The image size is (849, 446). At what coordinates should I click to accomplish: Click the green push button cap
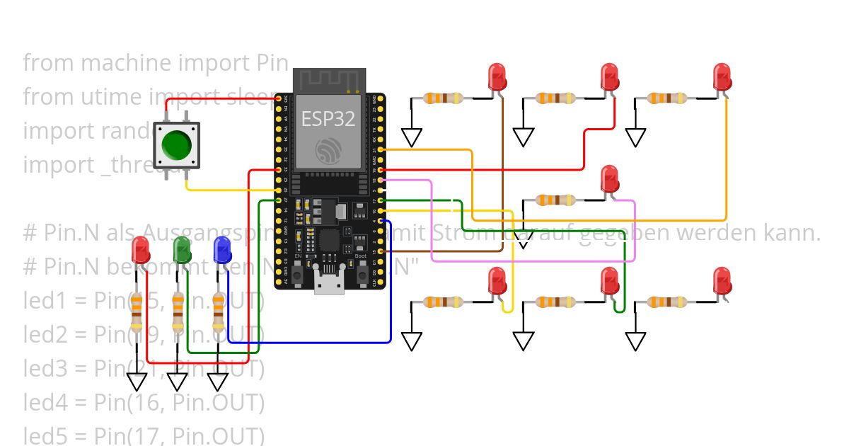click(176, 144)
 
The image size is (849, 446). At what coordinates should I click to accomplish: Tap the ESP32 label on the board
click(328, 118)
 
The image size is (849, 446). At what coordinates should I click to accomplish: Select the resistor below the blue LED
click(217, 313)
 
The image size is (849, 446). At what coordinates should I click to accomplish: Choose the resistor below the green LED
click(178, 313)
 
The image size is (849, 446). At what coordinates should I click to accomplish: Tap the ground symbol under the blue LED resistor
click(217, 382)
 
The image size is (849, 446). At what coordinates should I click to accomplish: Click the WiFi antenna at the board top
click(329, 79)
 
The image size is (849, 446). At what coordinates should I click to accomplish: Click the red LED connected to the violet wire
click(609, 178)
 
